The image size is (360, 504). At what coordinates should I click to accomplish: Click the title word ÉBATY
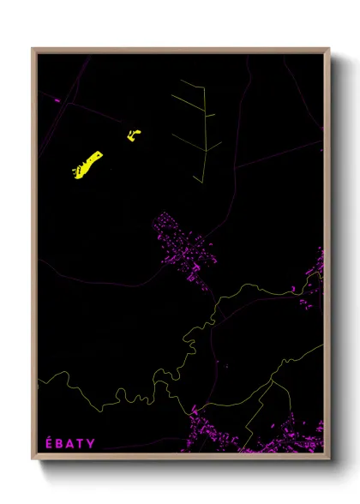coord(70,443)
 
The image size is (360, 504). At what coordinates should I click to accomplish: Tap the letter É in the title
coord(49,443)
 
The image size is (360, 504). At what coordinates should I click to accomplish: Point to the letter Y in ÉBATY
coord(91,443)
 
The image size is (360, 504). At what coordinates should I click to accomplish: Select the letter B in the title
coord(60,443)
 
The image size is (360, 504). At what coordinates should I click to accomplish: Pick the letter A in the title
coord(70,443)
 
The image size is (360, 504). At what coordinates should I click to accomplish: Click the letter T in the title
coord(81,443)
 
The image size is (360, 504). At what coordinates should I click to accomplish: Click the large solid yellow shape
coord(87,164)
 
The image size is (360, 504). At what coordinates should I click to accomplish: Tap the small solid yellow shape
coord(134,135)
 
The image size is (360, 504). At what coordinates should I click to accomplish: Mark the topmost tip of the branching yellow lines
coord(182,81)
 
